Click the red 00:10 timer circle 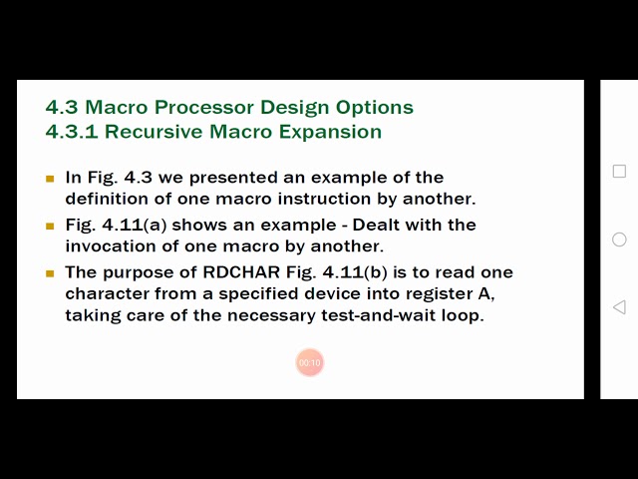pos(309,362)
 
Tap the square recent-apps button pos(619,171)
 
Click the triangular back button pos(619,307)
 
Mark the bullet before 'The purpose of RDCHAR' pos(50,273)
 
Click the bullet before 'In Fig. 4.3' pos(50,179)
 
